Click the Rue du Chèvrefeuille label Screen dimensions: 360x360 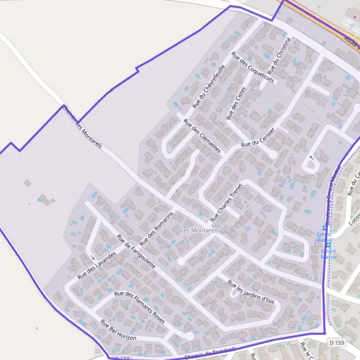point(208,86)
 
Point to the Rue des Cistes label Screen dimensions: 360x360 point(235,103)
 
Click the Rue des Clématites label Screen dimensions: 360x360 point(202,135)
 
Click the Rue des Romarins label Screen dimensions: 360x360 point(157,229)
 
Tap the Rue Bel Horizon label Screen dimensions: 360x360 point(118,330)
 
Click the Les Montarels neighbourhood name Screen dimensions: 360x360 point(200,230)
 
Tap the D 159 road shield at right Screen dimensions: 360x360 point(337,343)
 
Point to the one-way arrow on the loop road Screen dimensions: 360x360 point(311,158)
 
